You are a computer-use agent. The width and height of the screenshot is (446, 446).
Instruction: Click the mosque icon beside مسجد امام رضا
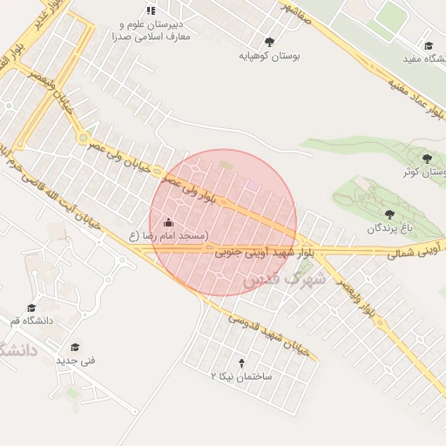(x=168, y=223)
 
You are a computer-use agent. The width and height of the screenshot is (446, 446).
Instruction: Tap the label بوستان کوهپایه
(x=270, y=55)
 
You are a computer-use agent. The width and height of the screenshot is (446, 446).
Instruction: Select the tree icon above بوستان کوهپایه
(x=269, y=41)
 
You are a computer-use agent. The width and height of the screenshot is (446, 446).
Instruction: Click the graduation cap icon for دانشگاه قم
(x=31, y=307)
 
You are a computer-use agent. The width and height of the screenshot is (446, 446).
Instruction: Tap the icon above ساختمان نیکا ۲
(x=241, y=362)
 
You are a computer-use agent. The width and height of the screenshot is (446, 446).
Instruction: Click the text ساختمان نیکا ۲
(x=241, y=375)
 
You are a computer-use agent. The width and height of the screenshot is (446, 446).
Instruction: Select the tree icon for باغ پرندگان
(x=389, y=213)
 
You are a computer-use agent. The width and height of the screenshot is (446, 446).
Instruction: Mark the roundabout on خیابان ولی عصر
(x=83, y=138)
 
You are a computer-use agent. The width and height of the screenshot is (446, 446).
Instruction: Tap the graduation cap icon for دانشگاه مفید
(x=428, y=46)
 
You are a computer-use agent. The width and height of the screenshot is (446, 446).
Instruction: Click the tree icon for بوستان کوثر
(x=426, y=158)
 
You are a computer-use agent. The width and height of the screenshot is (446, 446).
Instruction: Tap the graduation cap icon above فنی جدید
(x=75, y=347)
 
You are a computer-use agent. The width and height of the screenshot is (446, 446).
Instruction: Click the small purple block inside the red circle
(x=253, y=184)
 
